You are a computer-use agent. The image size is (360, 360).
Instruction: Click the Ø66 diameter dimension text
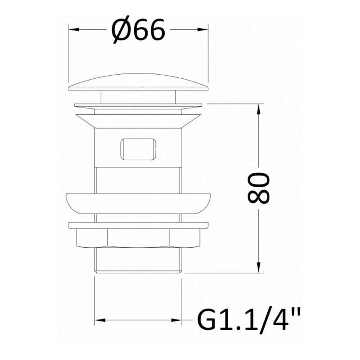pos(138,30)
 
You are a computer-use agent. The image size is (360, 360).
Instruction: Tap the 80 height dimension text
pos(258,188)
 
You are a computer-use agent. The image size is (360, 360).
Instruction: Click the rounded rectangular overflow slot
pos(138,149)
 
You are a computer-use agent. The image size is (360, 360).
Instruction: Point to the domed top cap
pos(138,82)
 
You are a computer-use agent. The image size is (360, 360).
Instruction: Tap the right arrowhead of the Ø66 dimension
pos(203,29)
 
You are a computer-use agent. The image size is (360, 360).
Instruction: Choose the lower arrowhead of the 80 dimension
pos(259,267)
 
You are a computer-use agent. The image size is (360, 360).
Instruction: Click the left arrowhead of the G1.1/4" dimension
pos(100,320)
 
